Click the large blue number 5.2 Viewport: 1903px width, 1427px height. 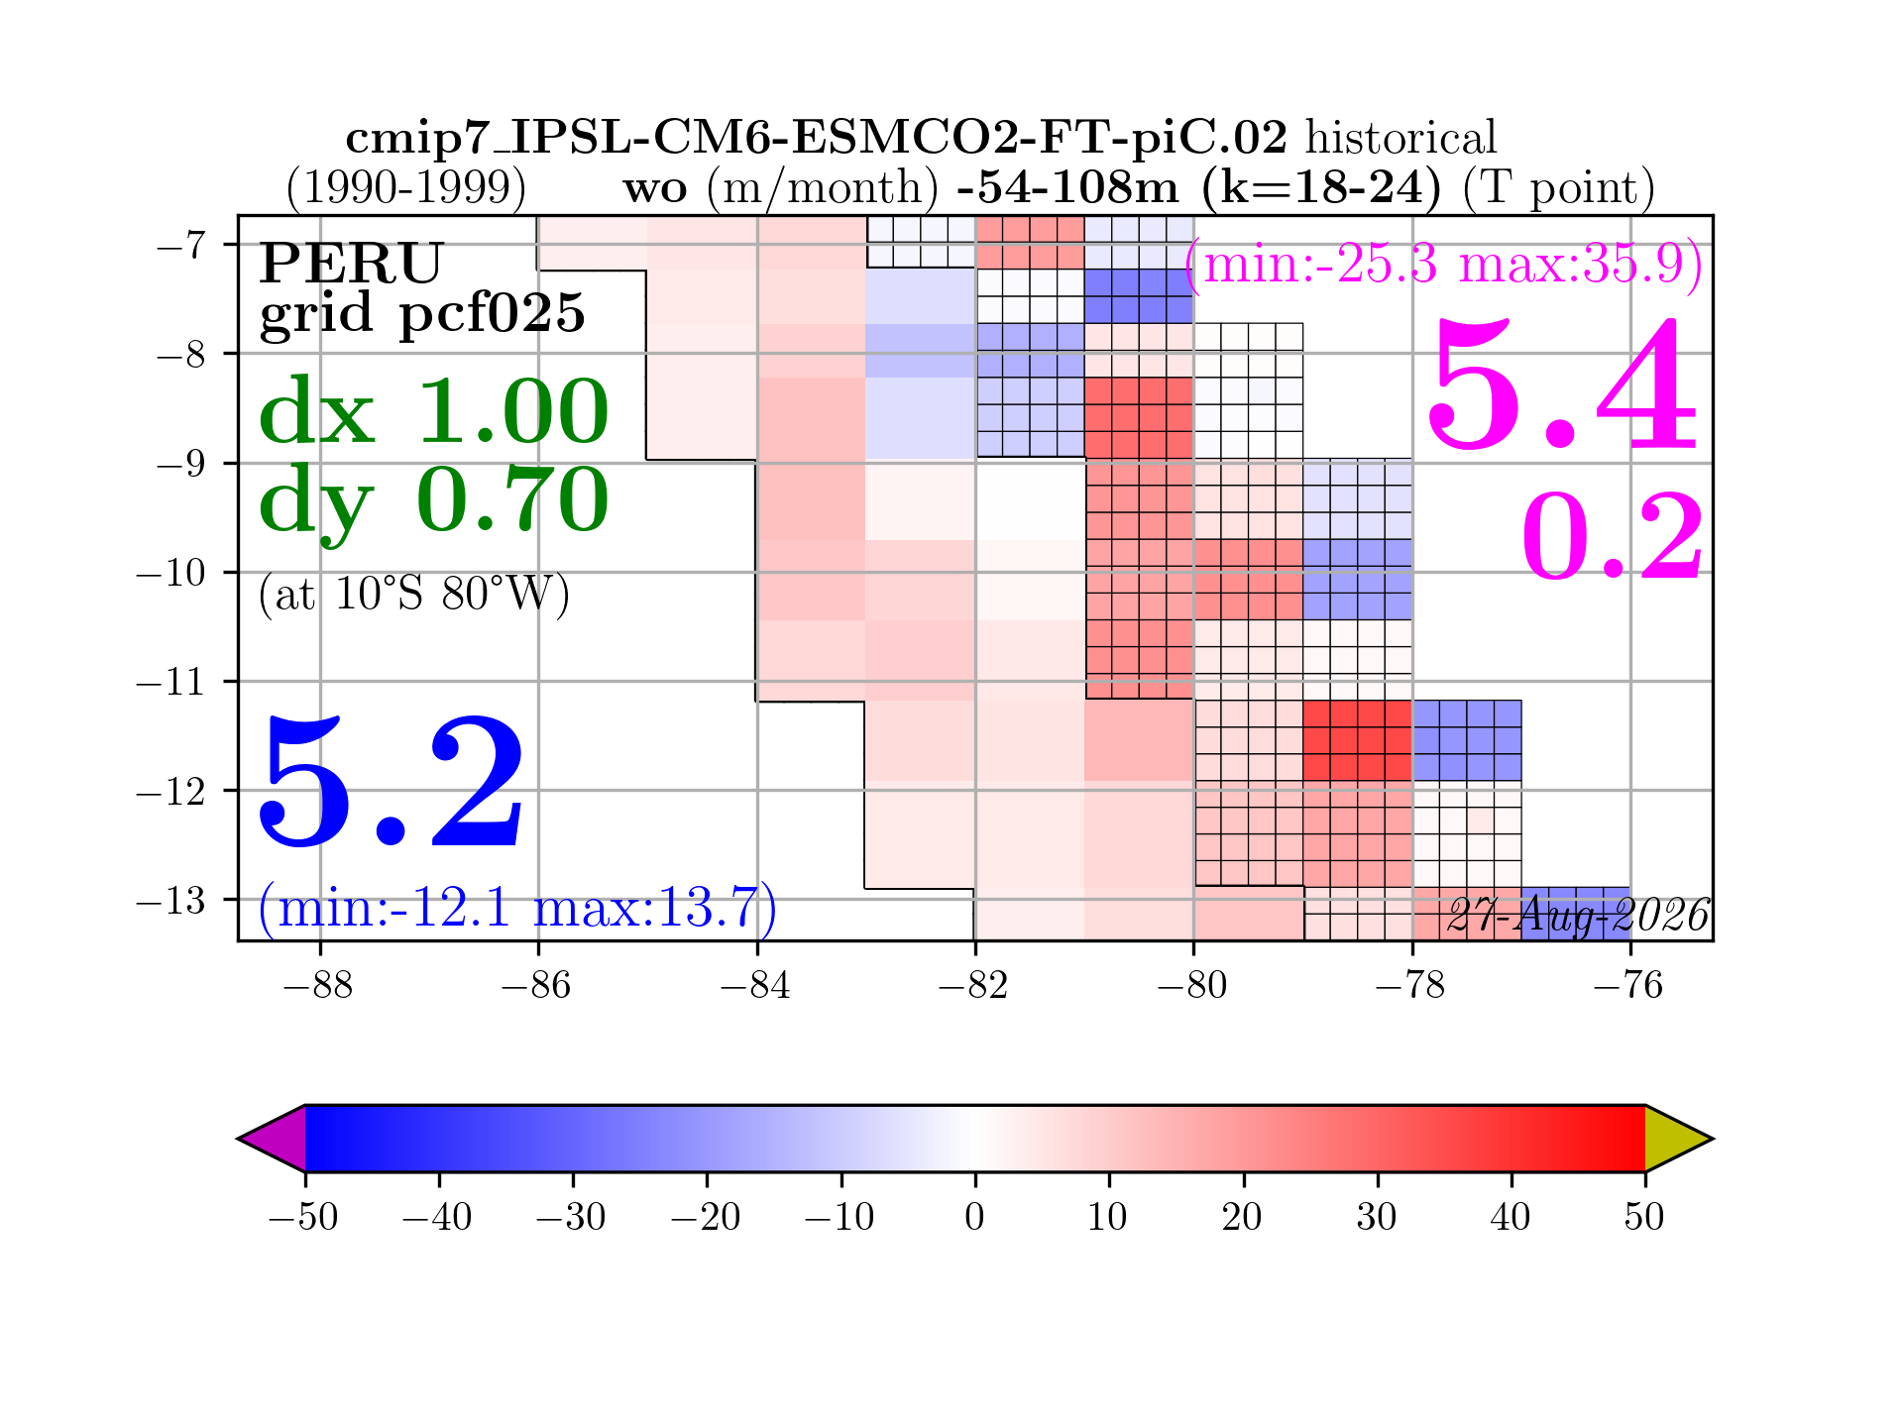392,782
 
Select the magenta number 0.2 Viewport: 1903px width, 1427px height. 1613,536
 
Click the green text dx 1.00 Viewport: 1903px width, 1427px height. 433,410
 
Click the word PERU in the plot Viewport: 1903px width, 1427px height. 351,263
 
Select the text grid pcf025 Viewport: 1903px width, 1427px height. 422,314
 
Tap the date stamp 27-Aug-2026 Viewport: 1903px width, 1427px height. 1578,916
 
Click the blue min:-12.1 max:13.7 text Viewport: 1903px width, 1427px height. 517,907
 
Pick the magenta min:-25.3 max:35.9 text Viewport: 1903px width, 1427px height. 1444,265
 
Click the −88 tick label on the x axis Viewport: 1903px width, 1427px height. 318,986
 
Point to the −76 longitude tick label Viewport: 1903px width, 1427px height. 1628,986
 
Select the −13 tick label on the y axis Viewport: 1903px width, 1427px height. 170,901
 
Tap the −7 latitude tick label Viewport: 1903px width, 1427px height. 180,244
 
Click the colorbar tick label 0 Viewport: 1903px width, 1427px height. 975,1216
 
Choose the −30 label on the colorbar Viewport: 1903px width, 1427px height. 571,1216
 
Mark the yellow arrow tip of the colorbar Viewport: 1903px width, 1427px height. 1712,1139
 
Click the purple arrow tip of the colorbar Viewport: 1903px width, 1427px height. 239,1139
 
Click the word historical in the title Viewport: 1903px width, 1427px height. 1400,139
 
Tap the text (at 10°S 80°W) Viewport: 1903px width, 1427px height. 413,595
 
